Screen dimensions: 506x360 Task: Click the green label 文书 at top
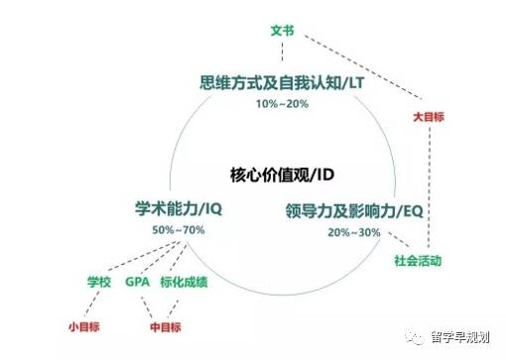(282, 31)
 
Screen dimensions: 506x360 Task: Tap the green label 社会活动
(417, 262)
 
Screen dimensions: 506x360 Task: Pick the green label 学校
(101, 282)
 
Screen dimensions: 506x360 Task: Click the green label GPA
(137, 282)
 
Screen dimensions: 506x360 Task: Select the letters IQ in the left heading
(213, 209)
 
